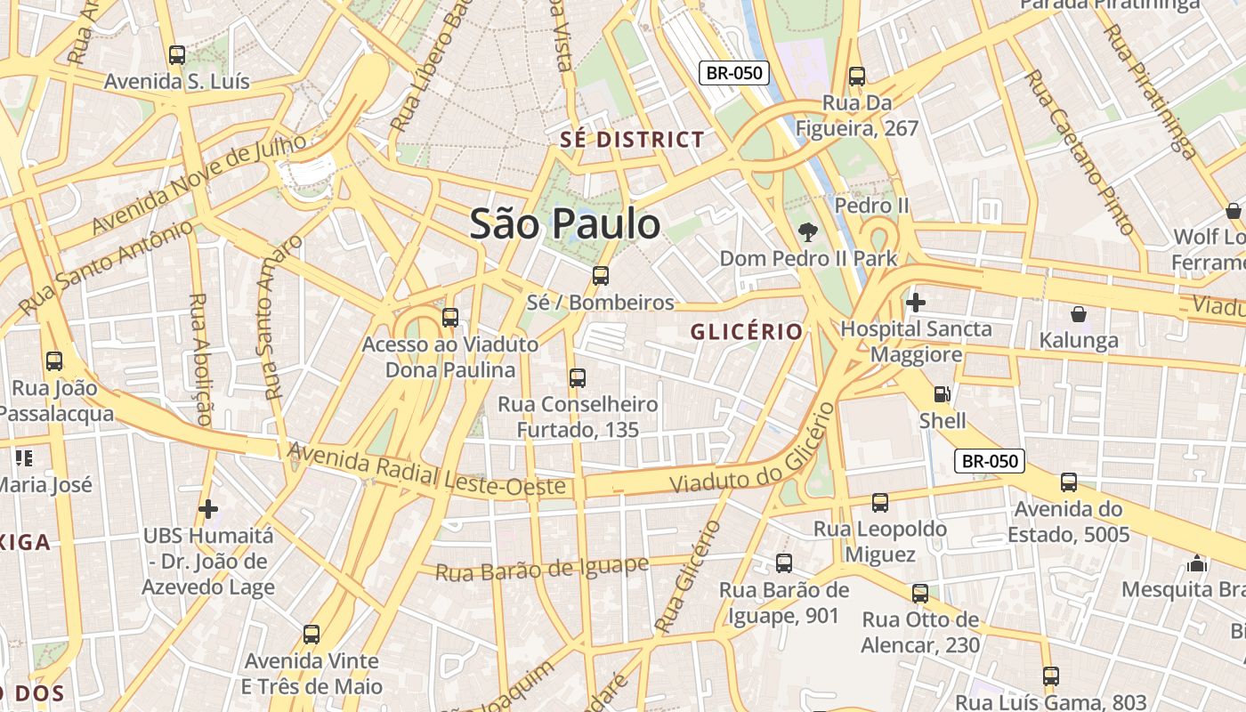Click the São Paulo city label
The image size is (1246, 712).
[565, 223]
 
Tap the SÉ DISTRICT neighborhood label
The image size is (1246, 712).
[632, 140]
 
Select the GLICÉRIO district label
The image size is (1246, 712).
[747, 332]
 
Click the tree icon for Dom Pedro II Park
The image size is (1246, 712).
[808, 233]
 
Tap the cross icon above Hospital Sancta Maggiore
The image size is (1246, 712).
[915, 303]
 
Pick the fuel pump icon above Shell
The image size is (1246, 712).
[942, 394]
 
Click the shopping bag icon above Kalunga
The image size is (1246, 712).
[1079, 314]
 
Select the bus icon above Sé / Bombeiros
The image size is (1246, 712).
[601, 276]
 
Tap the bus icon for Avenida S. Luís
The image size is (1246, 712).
[177, 55]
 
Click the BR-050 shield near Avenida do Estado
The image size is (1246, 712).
[990, 461]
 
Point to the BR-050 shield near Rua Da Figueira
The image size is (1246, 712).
[733, 73]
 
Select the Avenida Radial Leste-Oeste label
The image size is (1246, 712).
[427, 470]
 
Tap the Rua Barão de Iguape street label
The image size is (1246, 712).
[541, 568]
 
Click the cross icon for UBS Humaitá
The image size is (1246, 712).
[208, 509]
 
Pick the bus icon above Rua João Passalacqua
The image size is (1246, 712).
[54, 361]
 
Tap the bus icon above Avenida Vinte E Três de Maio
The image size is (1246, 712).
[311, 635]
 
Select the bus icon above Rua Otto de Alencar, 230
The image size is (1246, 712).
[920, 594]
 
